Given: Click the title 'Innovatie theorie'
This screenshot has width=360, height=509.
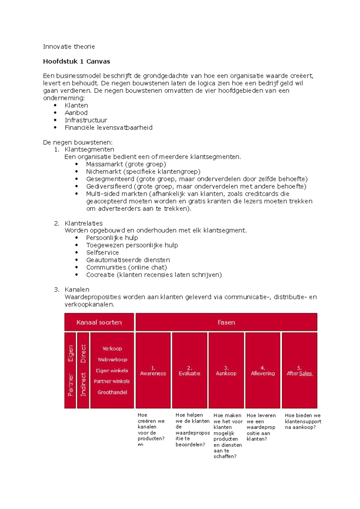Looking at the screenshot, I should coord(69,46).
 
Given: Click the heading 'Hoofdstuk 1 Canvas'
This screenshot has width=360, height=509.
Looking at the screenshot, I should coord(76,61).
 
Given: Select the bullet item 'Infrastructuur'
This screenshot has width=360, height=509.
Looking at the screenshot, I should coord(86,120).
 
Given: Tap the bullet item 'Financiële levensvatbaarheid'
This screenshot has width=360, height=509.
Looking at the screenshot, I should coord(109,128).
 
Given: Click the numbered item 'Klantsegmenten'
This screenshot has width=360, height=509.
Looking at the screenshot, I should coord(89,149).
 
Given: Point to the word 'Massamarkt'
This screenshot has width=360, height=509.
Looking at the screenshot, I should coord(104,164).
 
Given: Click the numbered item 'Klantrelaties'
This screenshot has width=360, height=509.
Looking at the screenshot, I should coord(83,223).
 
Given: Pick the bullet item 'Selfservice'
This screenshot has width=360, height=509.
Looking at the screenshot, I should coord(102,253).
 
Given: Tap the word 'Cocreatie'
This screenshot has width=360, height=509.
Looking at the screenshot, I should coord(100,275).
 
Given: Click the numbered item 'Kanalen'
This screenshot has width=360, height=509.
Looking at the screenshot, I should coord(77,290).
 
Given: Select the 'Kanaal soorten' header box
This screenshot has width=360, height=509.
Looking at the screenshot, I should coord(99,322).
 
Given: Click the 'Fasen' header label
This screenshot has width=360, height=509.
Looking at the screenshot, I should coord(226,322).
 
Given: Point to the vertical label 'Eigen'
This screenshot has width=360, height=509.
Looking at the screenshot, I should coord(70,353).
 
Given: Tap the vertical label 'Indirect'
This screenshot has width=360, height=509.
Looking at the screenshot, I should coord(83,384).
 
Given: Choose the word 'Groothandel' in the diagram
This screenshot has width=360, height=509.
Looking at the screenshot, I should coord(112,392).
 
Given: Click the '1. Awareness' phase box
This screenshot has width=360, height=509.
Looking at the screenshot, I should coord(153,371).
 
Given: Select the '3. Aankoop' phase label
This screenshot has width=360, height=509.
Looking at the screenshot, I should coord(226,371).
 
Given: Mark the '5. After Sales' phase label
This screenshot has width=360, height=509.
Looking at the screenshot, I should coord(299,371).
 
